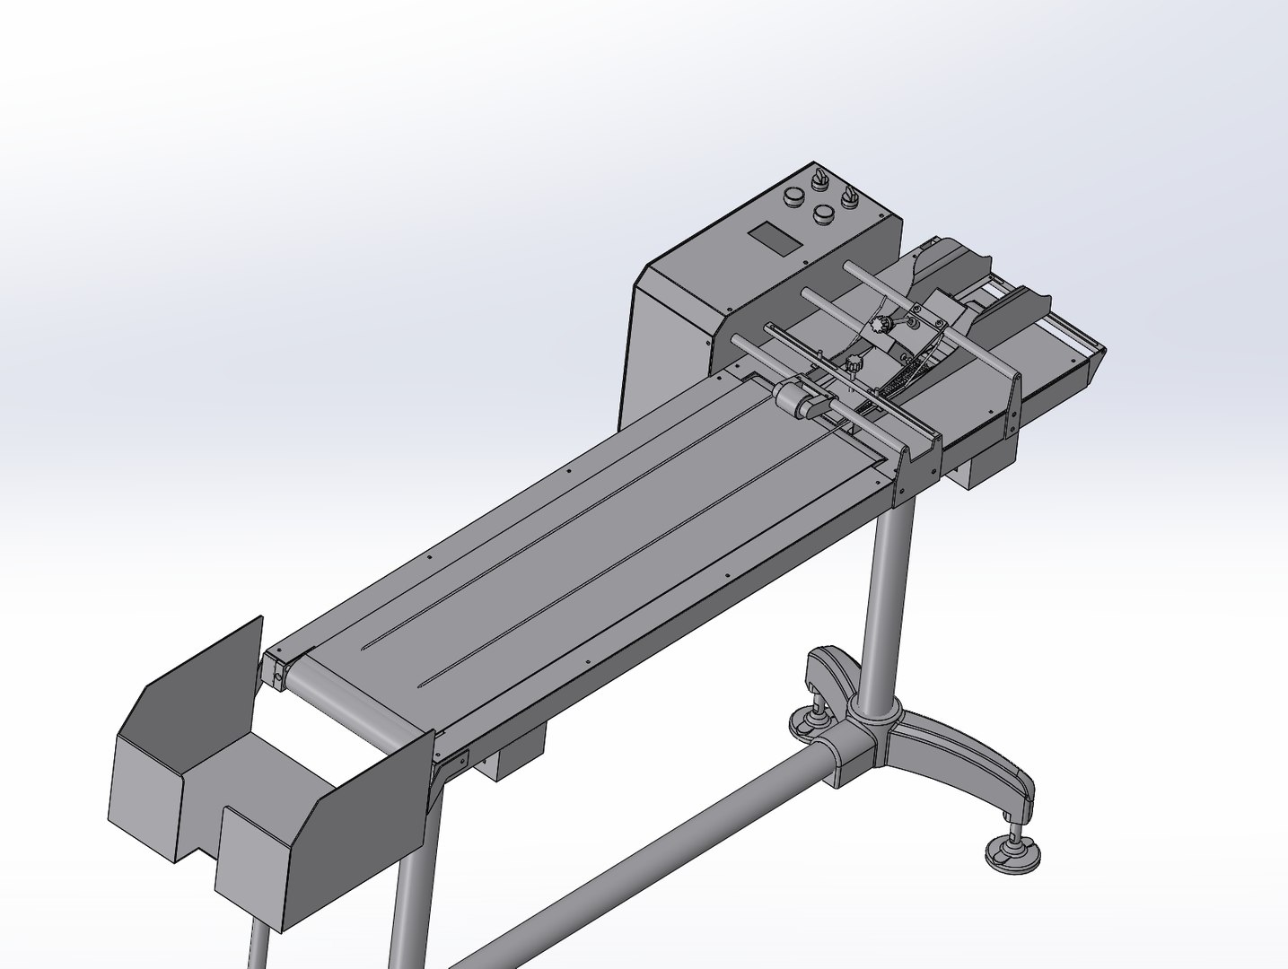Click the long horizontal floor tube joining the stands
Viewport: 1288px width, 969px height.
(x=628, y=852)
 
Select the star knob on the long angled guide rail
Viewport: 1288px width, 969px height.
(x=853, y=363)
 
